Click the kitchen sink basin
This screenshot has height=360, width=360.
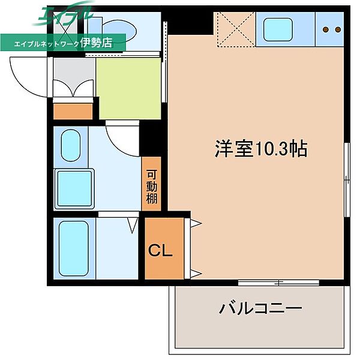[x=277, y=28]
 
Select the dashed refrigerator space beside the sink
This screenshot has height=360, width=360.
[x=235, y=28]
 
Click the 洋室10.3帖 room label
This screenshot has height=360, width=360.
[x=261, y=149]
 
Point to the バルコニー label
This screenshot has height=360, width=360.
[x=260, y=310]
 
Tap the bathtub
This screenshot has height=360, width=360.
[x=74, y=247]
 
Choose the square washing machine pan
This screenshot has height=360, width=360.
[x=74, y=188]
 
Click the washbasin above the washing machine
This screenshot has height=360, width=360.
[x=70, y=145]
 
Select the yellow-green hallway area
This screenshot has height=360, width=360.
[x=129, y=88]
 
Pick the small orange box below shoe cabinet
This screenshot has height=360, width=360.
[x=73, y=111]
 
